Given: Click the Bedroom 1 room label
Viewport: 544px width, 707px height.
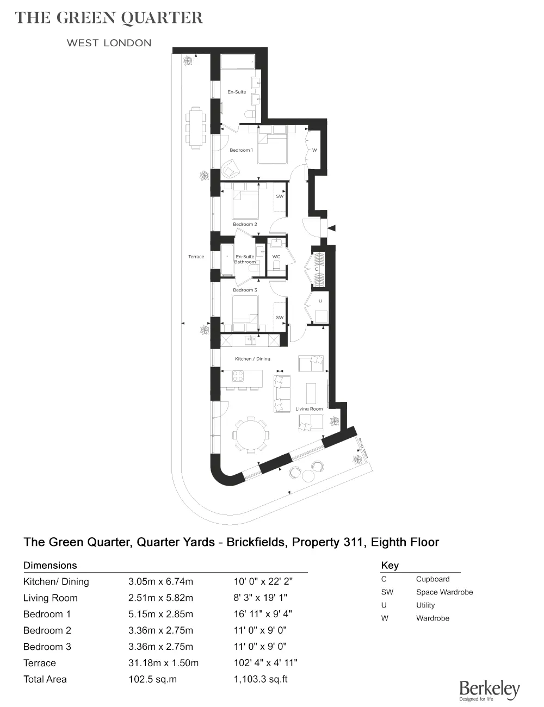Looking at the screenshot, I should point(241,150).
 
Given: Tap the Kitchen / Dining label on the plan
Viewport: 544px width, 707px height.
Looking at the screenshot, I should point(252,359).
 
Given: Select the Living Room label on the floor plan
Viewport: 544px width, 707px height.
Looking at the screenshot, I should point(309,409).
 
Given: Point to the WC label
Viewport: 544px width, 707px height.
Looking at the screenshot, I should point(276,257).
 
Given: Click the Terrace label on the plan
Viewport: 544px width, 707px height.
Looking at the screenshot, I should point(196,257).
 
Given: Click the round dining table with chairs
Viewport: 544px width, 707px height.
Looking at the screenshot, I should point(250,435).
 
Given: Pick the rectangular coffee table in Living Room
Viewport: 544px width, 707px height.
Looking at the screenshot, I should point(311,393).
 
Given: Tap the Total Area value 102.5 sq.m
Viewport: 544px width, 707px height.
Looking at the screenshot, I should point(153,679).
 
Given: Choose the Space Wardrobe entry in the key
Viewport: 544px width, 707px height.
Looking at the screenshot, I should point(444,592).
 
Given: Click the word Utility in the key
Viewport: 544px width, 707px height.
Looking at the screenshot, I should point(425,605).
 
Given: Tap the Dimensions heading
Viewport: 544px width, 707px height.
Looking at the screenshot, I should point(50,566).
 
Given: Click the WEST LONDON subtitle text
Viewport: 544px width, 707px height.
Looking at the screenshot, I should point(109,43).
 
